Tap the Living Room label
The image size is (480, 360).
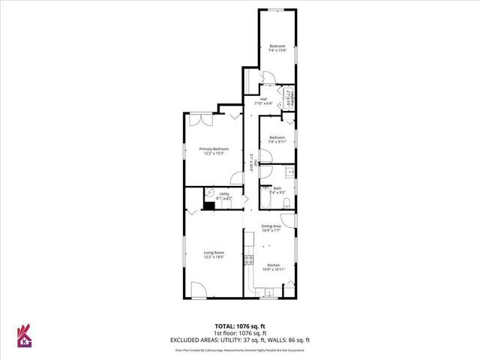214,254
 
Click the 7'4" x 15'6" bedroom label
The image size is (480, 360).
277,48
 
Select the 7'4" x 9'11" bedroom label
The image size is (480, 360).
277,139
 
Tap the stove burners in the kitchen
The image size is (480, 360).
248,261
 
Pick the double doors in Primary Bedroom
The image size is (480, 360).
201,119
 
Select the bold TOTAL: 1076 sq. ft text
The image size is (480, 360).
240,326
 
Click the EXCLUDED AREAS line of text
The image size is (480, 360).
240,340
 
